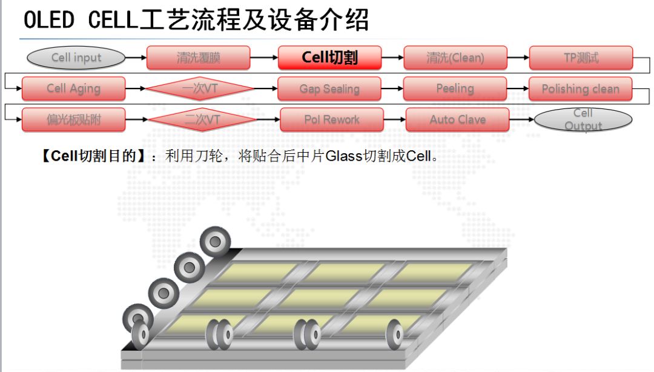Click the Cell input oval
tap(76, 58)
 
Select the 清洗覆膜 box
tap(198, 58)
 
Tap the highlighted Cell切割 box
tap(329, 58)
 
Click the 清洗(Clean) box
tap(455, 58)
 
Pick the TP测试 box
tap(580, 58)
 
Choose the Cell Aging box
tap(73, 88)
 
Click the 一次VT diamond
tap(200, 88)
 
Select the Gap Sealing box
tap(329, 88)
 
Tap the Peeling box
tap(455, 88)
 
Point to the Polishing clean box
tap(580, 88)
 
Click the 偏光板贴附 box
tap(73, 120)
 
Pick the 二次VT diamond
tap(202, 120)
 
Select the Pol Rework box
tap(331, 120)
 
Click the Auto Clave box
tap(457, 120)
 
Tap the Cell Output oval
tap(583, 120)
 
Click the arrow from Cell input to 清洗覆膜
tap(136, 58)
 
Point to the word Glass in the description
tap(343, 156)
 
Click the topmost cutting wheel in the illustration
tap(215, 241)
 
